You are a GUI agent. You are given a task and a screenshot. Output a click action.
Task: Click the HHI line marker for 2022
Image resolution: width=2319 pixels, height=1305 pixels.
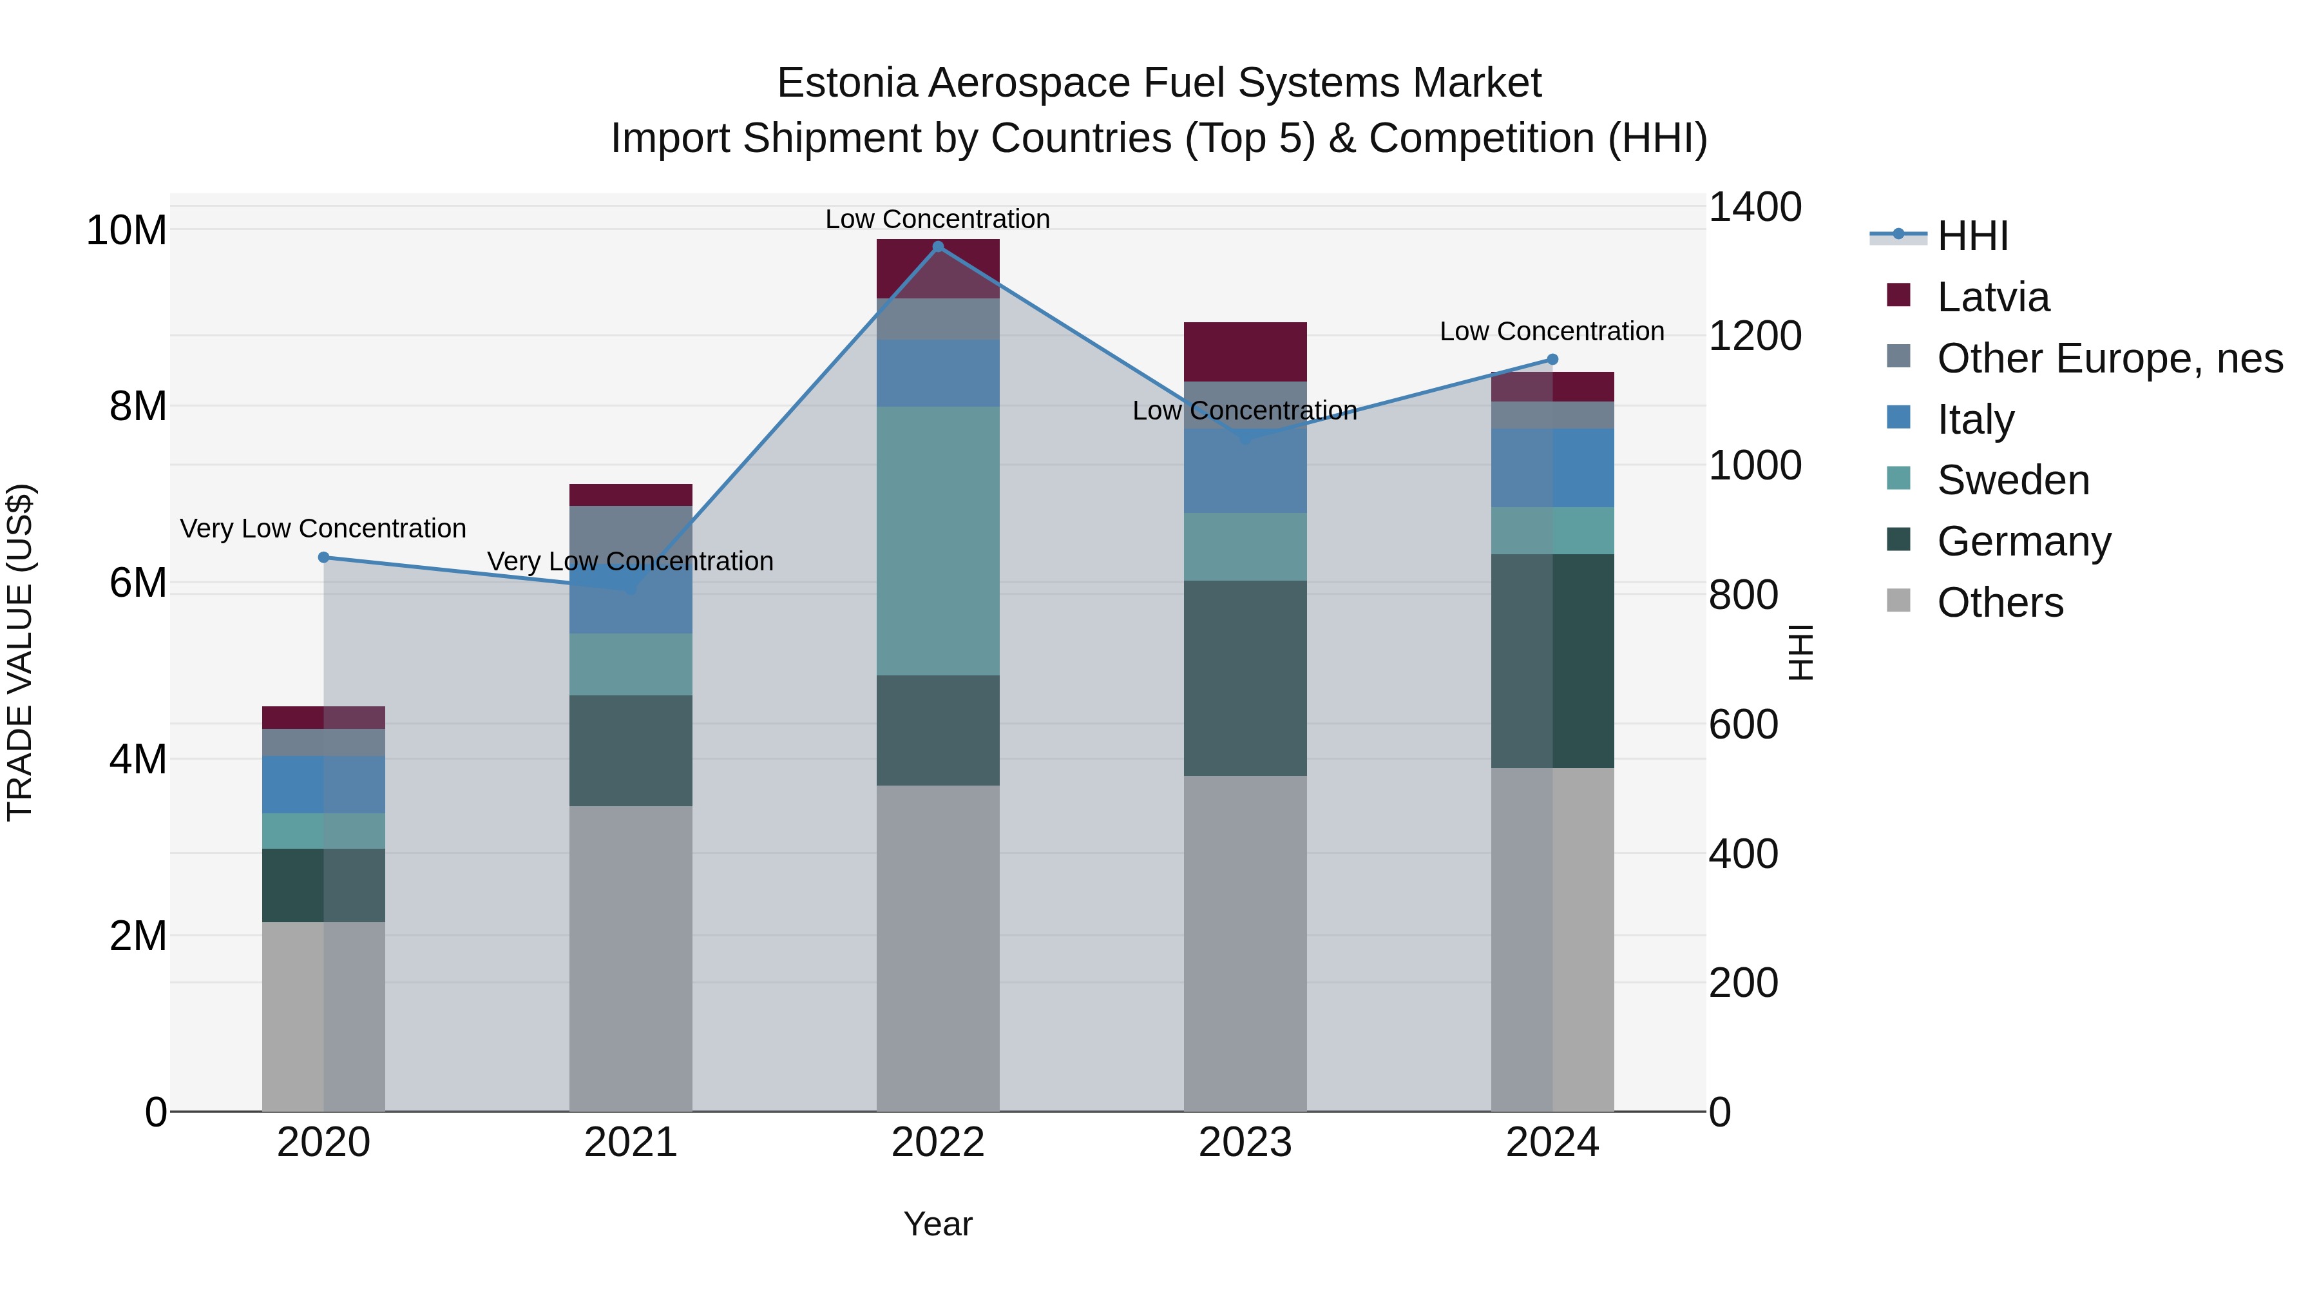[937, 246]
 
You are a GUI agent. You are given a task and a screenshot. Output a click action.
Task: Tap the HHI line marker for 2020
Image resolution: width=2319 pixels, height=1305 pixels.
[324, 557]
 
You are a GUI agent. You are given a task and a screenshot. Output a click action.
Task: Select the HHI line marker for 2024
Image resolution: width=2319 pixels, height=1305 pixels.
[1552, 360]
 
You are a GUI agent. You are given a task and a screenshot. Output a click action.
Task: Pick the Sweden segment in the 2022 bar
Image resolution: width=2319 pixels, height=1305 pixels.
[937, 541]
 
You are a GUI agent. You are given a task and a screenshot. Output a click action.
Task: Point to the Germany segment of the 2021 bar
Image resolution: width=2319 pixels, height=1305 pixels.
[630, 750]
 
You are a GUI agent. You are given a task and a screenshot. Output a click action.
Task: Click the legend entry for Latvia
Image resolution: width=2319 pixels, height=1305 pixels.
[1992, 297]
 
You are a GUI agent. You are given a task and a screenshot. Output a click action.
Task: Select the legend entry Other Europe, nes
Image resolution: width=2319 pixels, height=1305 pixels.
[2108, 358]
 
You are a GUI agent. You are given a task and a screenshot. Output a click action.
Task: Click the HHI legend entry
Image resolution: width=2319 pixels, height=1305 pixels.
[1972, 236]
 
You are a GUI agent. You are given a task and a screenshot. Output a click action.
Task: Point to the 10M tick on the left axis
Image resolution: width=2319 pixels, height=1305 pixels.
[126, 231]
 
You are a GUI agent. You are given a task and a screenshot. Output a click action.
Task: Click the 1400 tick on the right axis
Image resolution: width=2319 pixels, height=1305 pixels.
[1753, 207]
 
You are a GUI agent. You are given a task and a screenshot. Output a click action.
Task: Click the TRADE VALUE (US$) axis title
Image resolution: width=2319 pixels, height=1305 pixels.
[20, 652]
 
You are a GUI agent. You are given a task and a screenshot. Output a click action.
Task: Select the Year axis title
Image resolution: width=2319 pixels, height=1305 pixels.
[937, 1224]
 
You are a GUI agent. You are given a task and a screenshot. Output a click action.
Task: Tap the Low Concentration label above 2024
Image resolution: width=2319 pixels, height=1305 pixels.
[1551, 331]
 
